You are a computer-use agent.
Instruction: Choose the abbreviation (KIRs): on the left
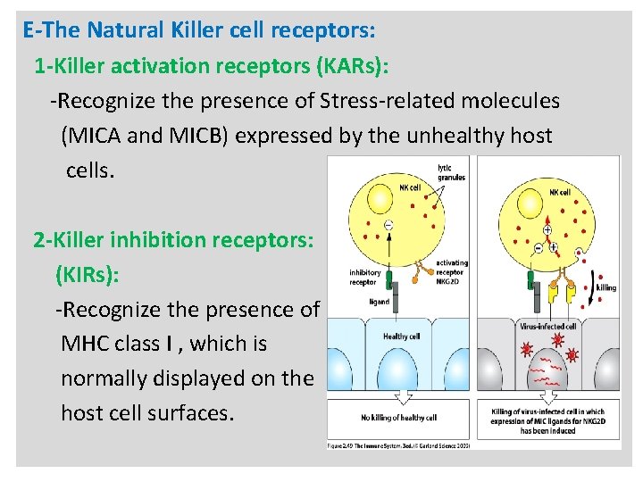point(87,274)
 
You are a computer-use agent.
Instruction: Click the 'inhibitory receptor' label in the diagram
point(365,278)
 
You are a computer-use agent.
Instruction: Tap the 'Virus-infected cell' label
point(547,327)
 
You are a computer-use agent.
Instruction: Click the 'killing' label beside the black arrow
point(605,287)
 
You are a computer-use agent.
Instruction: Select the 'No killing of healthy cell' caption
point(399,417)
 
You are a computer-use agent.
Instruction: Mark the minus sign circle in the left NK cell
point(388,224)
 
